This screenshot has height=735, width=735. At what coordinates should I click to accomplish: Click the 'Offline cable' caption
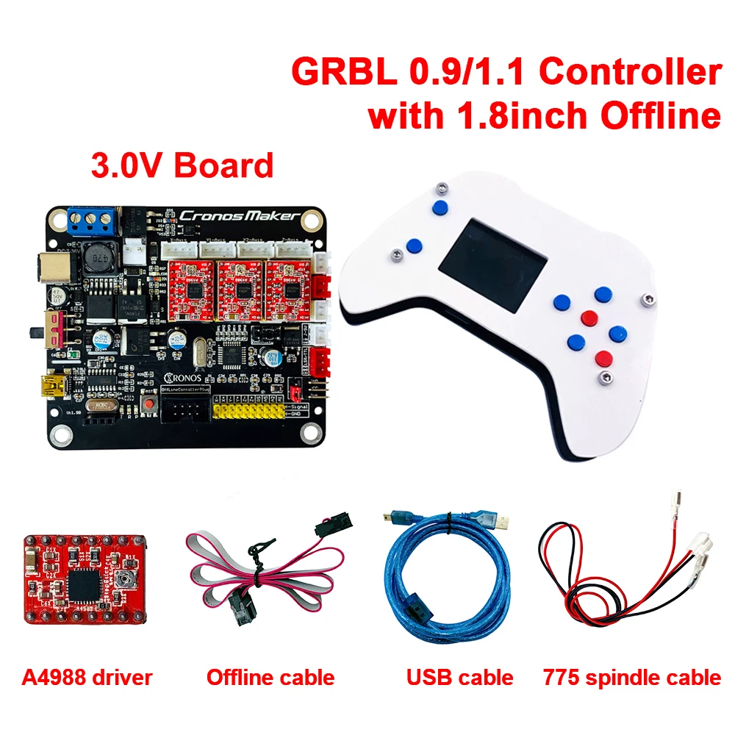[270, 677]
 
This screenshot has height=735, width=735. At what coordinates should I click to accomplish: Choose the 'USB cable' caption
[459, 677]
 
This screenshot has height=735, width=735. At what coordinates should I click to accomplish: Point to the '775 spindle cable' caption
[631, 677]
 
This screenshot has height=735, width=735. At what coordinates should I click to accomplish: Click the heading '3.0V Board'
[182, 165]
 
